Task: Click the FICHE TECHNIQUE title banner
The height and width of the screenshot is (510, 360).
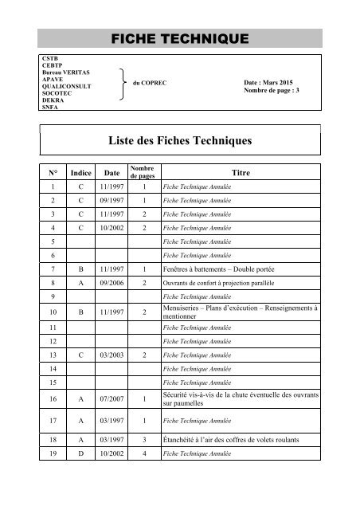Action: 179,37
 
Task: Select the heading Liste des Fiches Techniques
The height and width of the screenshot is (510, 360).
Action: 180,141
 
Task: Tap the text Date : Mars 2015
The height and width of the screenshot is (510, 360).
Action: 270,83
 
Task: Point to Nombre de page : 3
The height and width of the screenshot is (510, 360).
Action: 272,92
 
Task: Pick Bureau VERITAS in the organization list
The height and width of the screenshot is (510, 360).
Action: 65,73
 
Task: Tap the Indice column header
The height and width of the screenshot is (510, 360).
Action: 80,172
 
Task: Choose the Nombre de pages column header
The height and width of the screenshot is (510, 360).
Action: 143,171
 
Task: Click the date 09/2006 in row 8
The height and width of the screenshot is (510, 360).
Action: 111,282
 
